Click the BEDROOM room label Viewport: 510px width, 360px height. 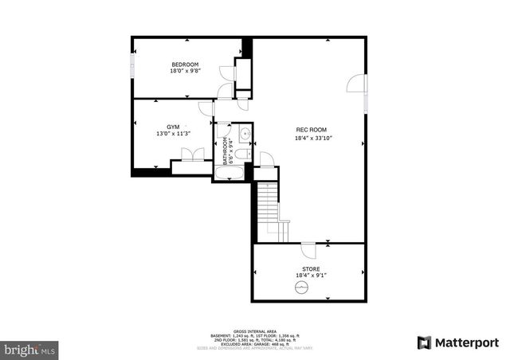(185, 64)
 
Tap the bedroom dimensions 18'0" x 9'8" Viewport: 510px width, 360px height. (185, 71)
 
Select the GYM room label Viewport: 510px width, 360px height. (173, 127)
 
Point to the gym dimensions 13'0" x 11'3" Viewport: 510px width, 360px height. (173, 134)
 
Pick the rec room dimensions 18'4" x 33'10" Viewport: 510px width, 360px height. (312, 138)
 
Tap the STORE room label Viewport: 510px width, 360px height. (311, 268)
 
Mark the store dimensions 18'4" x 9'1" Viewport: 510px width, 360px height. (311, 276)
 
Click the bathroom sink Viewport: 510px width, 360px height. (245, 133)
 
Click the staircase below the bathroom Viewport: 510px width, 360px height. (267, 207)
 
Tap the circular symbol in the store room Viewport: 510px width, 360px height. (301, 288)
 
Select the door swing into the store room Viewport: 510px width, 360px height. (308, 249)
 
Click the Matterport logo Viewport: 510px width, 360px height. (458, 342)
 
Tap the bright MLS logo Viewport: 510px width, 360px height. (29, 349)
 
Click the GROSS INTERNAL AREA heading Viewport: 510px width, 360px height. (255, 331)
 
